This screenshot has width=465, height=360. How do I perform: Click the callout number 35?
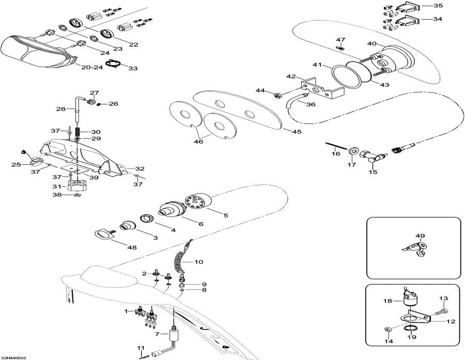click(438, 6)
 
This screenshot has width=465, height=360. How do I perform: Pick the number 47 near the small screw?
click(340, 40)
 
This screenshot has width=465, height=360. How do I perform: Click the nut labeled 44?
click(277, 95)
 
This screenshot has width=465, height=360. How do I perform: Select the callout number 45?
click(296, 132)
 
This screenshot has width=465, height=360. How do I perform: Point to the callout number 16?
click(336, 153)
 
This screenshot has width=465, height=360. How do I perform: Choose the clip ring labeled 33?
click(113, 64)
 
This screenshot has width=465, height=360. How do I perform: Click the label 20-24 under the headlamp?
click(92, 68)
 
